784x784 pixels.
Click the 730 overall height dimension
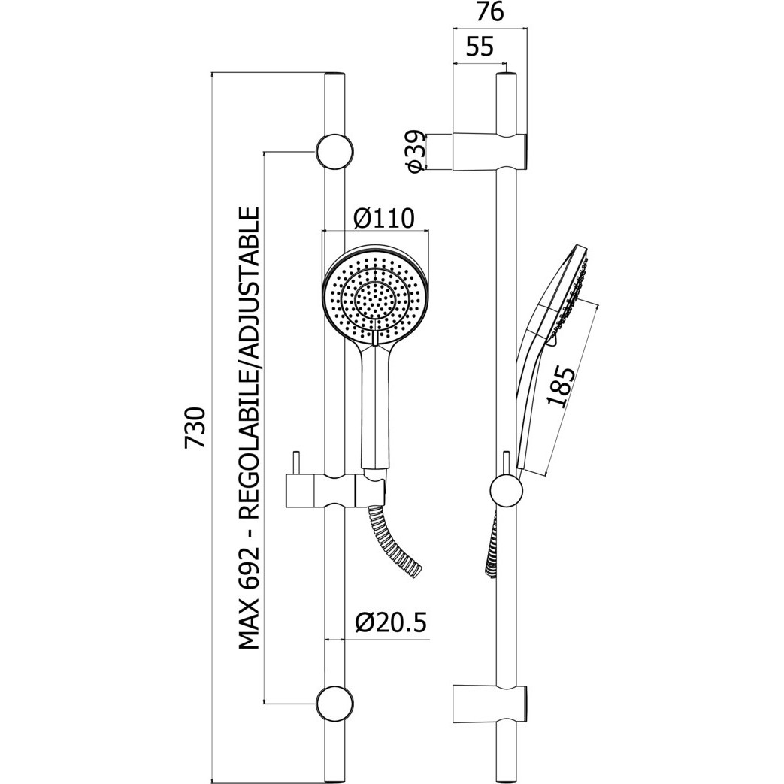pyautogui.click(x=195, y=428)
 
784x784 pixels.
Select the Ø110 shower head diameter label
pyautogui.click(x=384, y=218)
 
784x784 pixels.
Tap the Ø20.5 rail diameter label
pyautogui.click(x=391, y=622)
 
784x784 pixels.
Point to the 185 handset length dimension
pyautogui.click(x=561, y=387)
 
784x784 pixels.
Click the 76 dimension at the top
pyautogui.click(x=489, y=13)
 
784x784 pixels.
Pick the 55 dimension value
pyautogui.click(x=480, y=47)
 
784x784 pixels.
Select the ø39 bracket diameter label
pyautogui.click(x=416, y=152)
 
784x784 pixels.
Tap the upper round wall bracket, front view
pyautogui.click(x=334, y=152)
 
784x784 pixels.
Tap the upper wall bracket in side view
pyautogui.click(x=490, y=152)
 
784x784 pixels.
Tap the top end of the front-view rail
pyautogui.click(x=334, y=74)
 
